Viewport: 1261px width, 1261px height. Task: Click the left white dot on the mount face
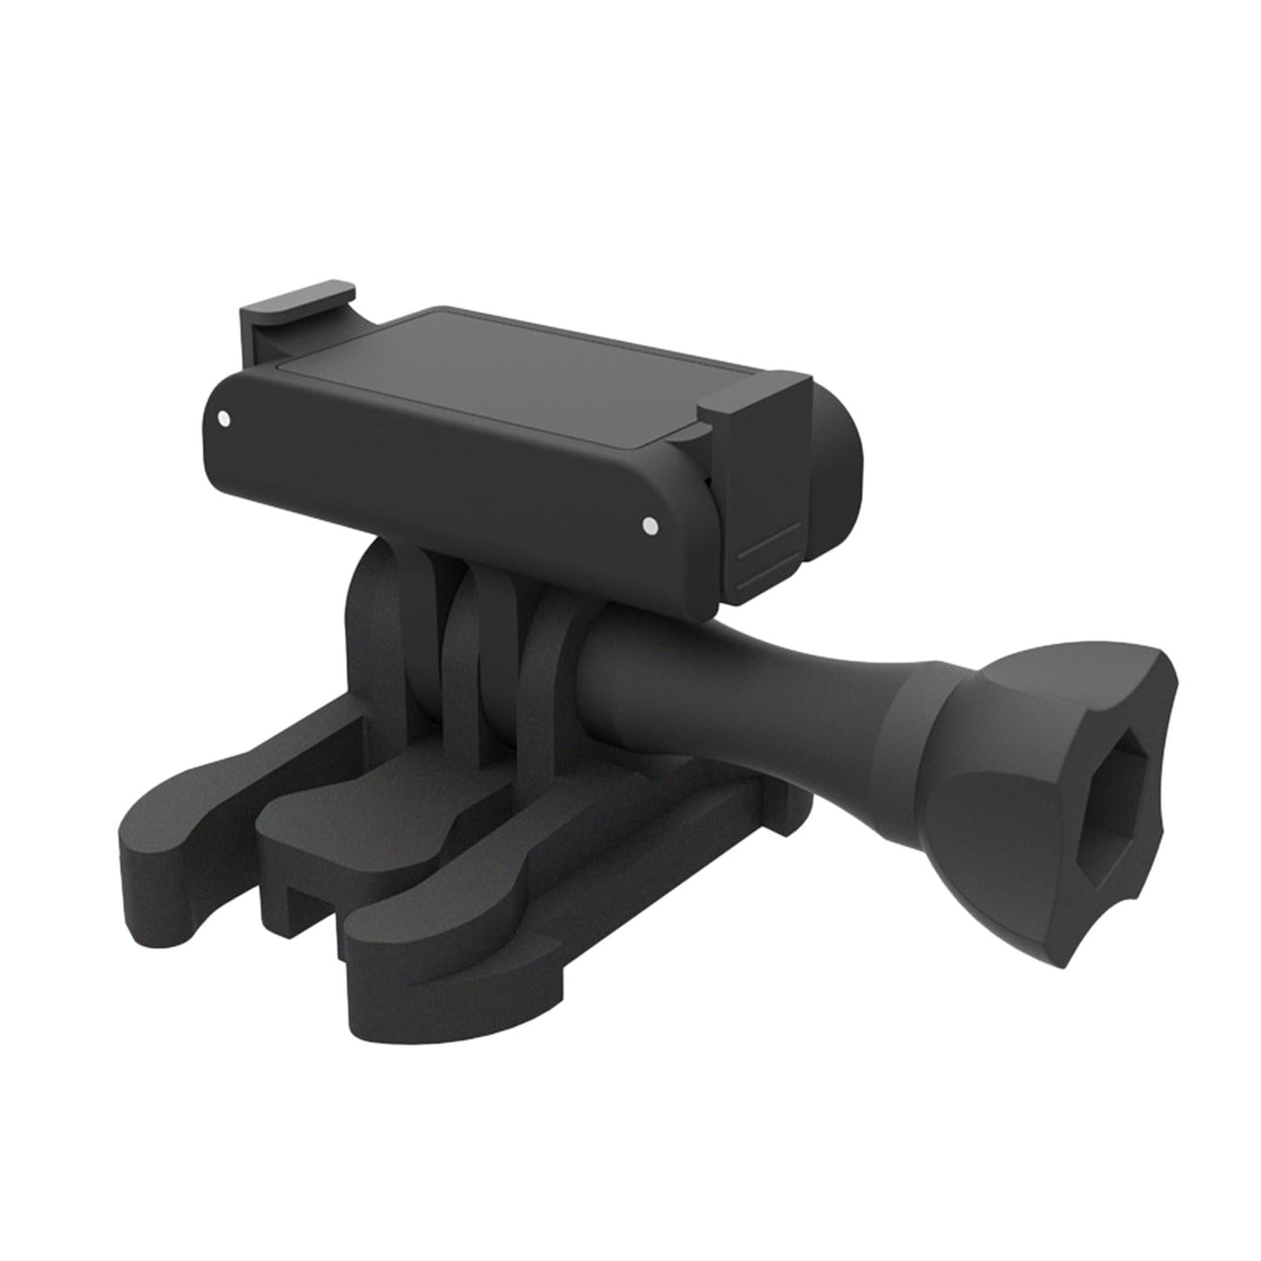click(226, 418)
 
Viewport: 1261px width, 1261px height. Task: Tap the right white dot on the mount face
click(648, 524)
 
